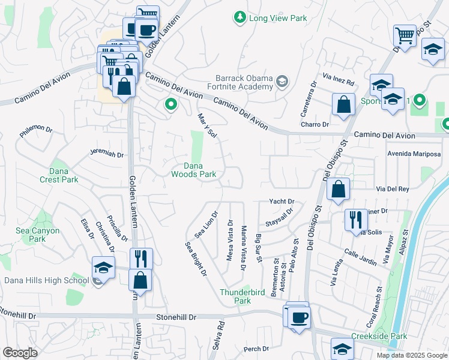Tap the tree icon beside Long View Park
click(x=240, y=17)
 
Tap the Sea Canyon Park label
click(x=37, y=235)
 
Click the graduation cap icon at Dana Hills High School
click(x=103, y=268)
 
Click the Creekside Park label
click(x=379, y=336)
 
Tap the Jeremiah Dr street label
click(x=107, y=154)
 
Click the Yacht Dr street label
click(x=282, y=202)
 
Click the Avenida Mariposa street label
click(x=414, y=153)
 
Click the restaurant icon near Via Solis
click(x=356, y=220)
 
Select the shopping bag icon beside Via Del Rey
click(x=339, y=189)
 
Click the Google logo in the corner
click(x=20, y=353)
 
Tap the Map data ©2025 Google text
click(x=411, y=355)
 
